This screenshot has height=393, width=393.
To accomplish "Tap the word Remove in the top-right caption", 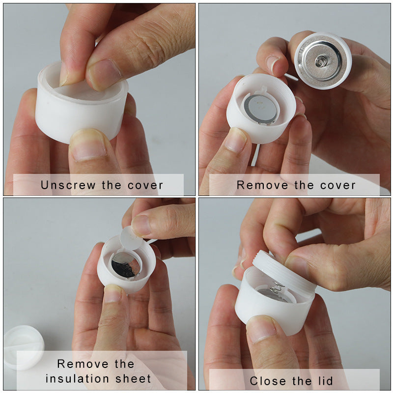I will (x=263, y=185).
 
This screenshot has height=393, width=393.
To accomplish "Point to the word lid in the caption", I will (x=324, y=381).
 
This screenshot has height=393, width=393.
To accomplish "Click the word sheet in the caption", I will (x=133, y=379).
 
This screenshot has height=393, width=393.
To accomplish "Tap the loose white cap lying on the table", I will (x=22, y=347).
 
